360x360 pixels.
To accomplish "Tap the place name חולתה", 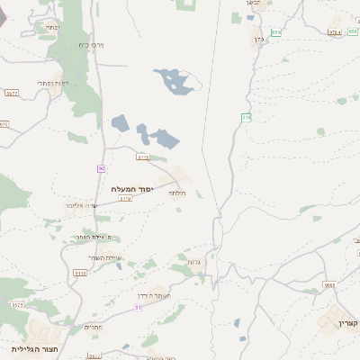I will (x=176, y=193).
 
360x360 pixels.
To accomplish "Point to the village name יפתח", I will (x=52, y=28).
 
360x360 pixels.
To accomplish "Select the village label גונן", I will (x=257, y=40).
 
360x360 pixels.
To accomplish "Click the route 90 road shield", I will (x=101, y=168).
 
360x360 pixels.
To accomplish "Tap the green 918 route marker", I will (x=246, y=118).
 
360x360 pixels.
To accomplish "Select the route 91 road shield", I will (x=138, y=307).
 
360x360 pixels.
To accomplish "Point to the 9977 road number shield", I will (x=13, y=92).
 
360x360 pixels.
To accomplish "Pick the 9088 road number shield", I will (x=329, y=284).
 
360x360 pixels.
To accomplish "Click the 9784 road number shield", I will (x=335, y=32).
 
